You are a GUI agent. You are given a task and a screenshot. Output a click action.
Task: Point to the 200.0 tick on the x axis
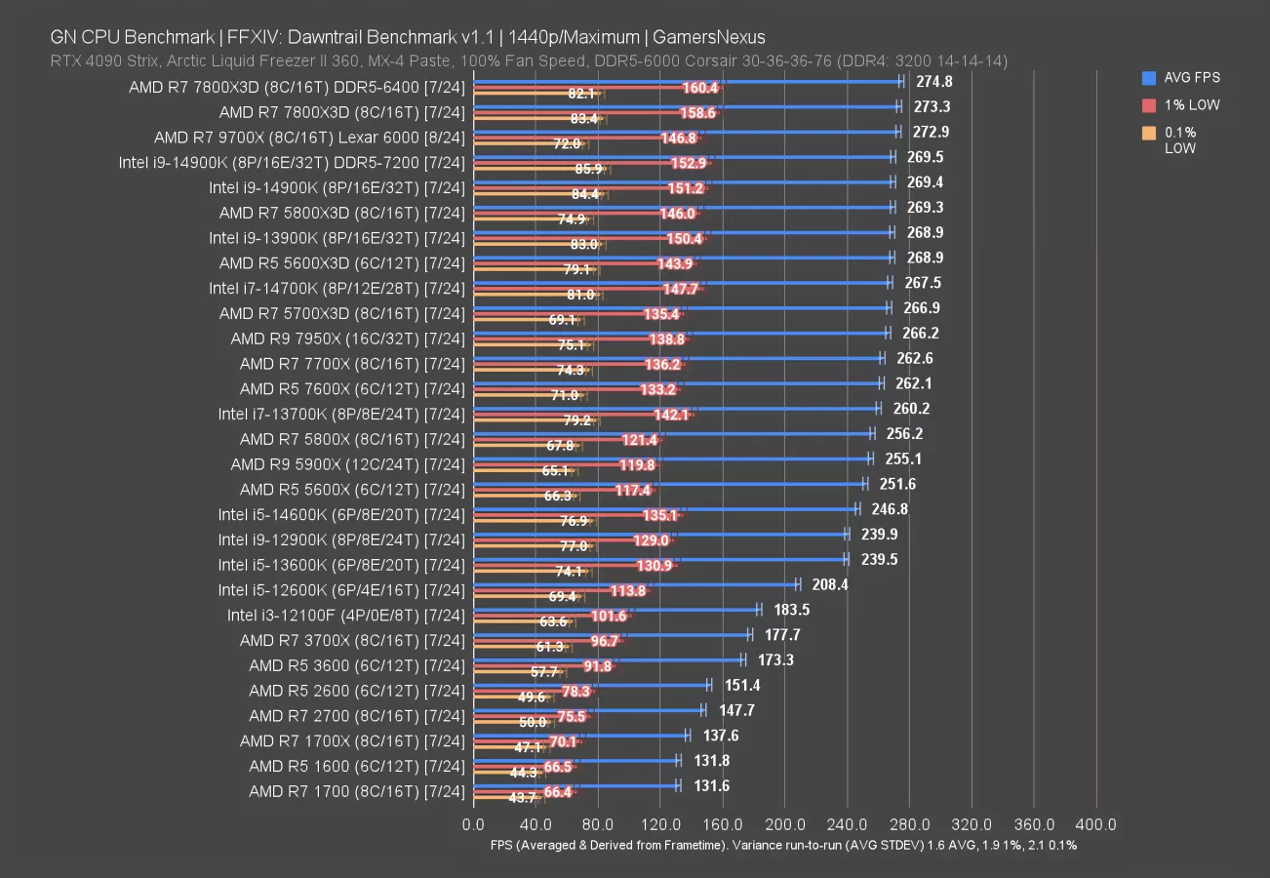(x=785, y=824)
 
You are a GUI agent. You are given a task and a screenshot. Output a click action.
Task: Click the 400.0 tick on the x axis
(x=1096, y=824)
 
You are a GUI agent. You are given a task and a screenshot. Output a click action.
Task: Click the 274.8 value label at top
(x=934, y=82)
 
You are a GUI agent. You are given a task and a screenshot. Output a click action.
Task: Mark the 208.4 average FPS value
(x=829, y=584)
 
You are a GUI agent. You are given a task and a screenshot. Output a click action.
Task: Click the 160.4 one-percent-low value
(x=700, y=89)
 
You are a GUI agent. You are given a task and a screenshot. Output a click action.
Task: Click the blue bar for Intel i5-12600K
(x=634, y=584)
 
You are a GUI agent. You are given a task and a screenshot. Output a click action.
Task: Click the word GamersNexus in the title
(x=709, y=37)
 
